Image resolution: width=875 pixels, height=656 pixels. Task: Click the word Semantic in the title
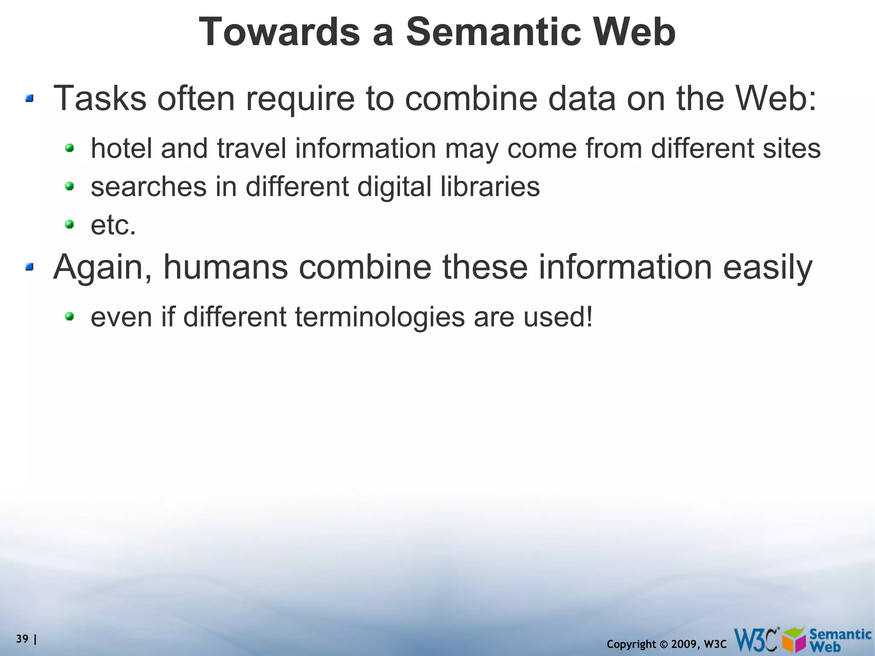[493, 32]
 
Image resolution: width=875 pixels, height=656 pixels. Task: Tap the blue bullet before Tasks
[29, 99]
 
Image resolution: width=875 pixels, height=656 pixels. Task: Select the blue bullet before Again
[29, 267]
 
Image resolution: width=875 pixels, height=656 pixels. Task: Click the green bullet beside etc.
[69, 224]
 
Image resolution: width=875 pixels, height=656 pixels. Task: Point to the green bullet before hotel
[69, 148]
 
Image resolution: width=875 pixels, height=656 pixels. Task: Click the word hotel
[121, 148]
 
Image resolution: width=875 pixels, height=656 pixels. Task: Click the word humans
[226, 267]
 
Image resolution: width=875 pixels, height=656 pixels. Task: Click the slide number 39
[22, 639]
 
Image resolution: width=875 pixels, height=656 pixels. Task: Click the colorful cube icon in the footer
[795, 640]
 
